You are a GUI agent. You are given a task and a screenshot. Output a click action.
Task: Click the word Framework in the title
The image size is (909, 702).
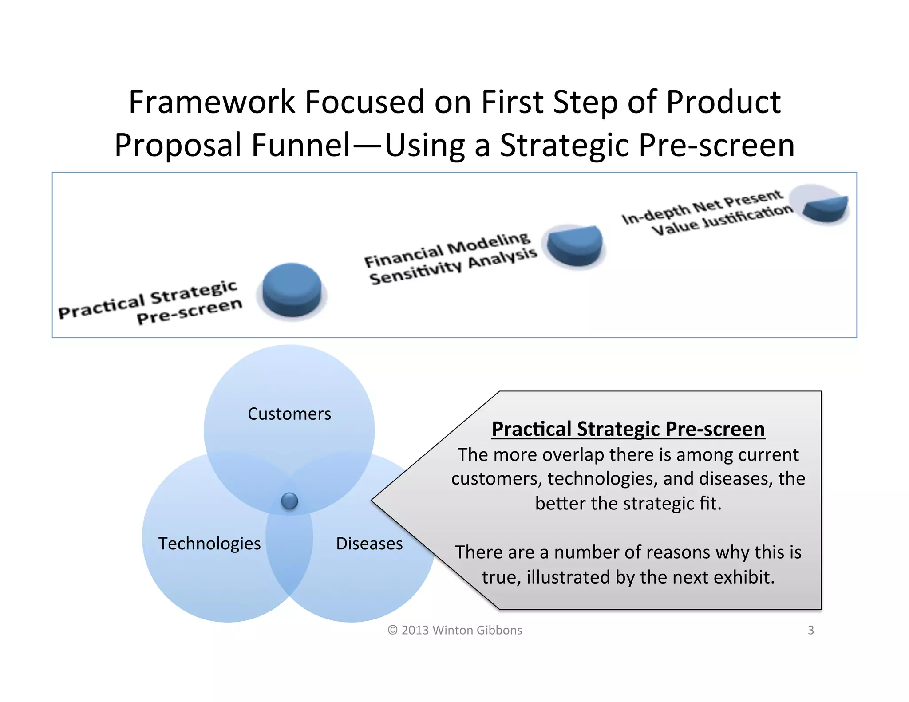click(212, 103)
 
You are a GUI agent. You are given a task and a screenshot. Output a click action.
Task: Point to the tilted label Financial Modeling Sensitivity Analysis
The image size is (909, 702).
click(451, 259)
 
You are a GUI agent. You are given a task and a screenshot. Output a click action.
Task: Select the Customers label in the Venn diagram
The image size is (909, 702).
click(289, 414)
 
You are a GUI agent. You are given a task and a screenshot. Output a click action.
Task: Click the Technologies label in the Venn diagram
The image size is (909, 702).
click(209, 544)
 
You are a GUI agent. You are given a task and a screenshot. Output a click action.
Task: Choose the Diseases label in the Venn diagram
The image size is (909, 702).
click(369, 544)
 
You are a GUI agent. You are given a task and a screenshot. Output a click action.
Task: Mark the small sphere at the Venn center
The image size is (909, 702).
click(289, 501)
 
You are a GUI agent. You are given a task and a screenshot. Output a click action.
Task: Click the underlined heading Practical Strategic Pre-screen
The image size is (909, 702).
click(628, 429)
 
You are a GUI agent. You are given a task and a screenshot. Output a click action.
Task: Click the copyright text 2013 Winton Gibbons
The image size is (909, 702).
click(455, 630)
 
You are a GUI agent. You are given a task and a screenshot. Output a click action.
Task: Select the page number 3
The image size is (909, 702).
click(810, 630)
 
